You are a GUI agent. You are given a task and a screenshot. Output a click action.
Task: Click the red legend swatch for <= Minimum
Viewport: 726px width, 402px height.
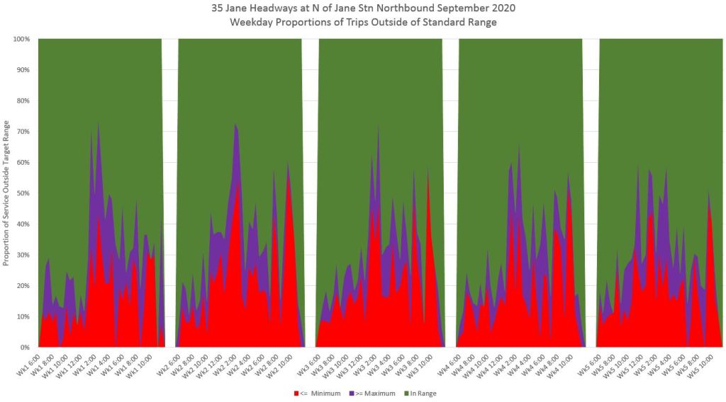296,393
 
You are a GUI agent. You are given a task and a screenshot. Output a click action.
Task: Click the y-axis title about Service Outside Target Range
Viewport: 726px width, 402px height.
7,193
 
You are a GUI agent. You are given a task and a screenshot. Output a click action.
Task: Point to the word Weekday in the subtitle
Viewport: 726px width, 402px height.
252,23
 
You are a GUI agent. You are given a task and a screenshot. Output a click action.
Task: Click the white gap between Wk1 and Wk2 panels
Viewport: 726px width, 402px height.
169,191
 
